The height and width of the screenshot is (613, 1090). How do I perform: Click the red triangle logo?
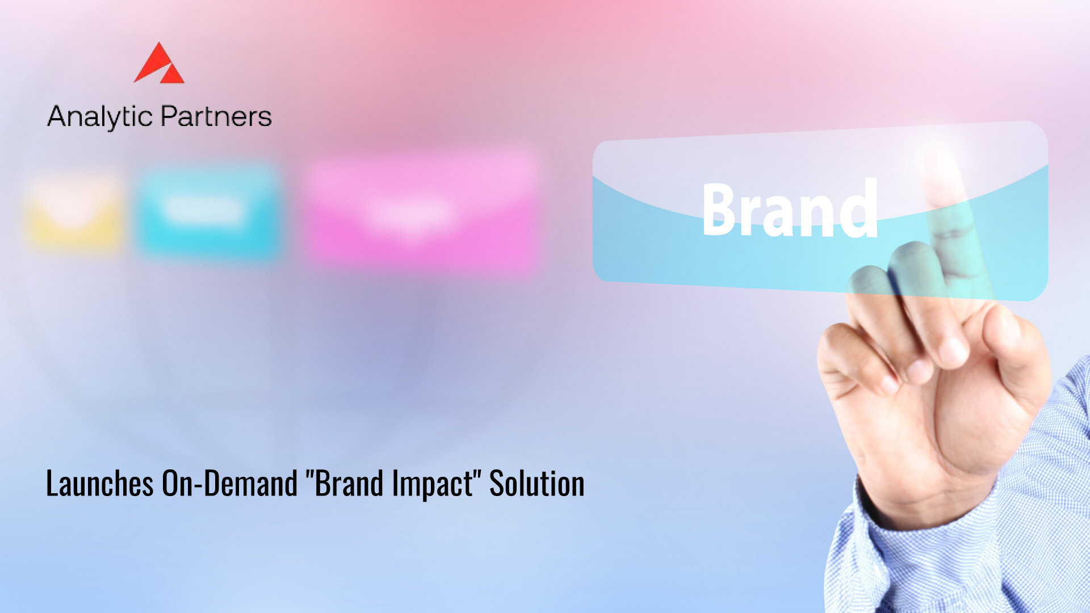(x=159, y=64)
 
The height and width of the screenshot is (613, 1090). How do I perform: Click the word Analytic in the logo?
(x=100, y=117)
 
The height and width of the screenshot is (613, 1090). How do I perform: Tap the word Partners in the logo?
(x=216, y=116)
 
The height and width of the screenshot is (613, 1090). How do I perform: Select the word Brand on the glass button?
(x=790, y=208)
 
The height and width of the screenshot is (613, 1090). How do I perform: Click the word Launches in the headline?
(x=100, y=484)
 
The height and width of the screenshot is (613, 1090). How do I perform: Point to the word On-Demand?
(x=230, y=484)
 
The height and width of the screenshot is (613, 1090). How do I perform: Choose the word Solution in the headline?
(x=537, y=484)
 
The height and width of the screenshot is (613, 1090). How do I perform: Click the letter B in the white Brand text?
(x=720, y=208)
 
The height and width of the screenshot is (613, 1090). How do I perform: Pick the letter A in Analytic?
(x=58, y=116)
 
